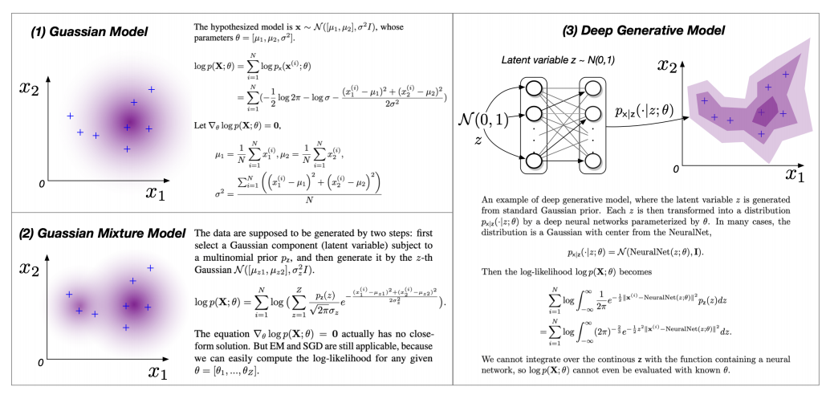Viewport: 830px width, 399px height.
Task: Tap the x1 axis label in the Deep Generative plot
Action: click(x=795, y=174)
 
